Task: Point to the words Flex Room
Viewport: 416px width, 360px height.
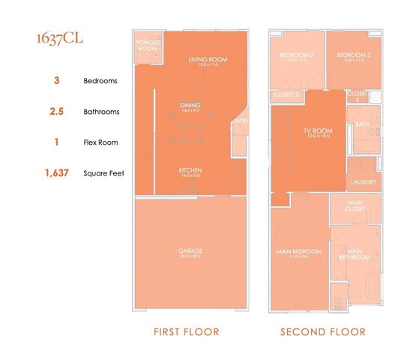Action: click(100, 142)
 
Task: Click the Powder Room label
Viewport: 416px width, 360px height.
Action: click(148, 46)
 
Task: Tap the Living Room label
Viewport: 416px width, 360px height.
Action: click(208, 60)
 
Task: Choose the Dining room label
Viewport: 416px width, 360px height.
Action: click(190, 106)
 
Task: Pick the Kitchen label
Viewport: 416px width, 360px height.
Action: click(190, 170)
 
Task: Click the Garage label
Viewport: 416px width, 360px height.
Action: click(191, 251)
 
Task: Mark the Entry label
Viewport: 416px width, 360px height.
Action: click(241, 120)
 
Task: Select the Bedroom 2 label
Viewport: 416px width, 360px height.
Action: click(296, 56)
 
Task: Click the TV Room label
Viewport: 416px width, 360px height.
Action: click(318, 132)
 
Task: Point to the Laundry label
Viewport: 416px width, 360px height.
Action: click(363, 181)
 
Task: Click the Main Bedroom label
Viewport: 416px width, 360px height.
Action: click(299, 251)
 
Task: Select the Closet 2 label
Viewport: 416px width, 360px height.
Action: click(287, 95)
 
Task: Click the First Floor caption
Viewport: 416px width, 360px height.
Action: click(191, 331)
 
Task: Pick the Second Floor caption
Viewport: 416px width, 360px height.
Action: click(323, 331)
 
